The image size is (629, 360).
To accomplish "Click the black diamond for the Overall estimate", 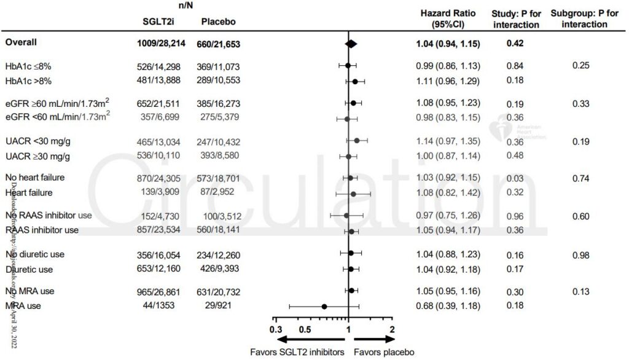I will [351, 44].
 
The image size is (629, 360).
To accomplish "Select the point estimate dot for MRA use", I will [324, 305].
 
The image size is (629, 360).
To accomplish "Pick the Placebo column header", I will [218, 22].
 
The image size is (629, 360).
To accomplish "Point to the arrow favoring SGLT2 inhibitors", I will [310, 339].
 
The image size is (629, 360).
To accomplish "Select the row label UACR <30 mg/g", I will [36, 141].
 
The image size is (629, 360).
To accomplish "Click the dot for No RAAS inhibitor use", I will [346, 216].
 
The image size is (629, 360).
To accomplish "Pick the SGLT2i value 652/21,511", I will [163, 104].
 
